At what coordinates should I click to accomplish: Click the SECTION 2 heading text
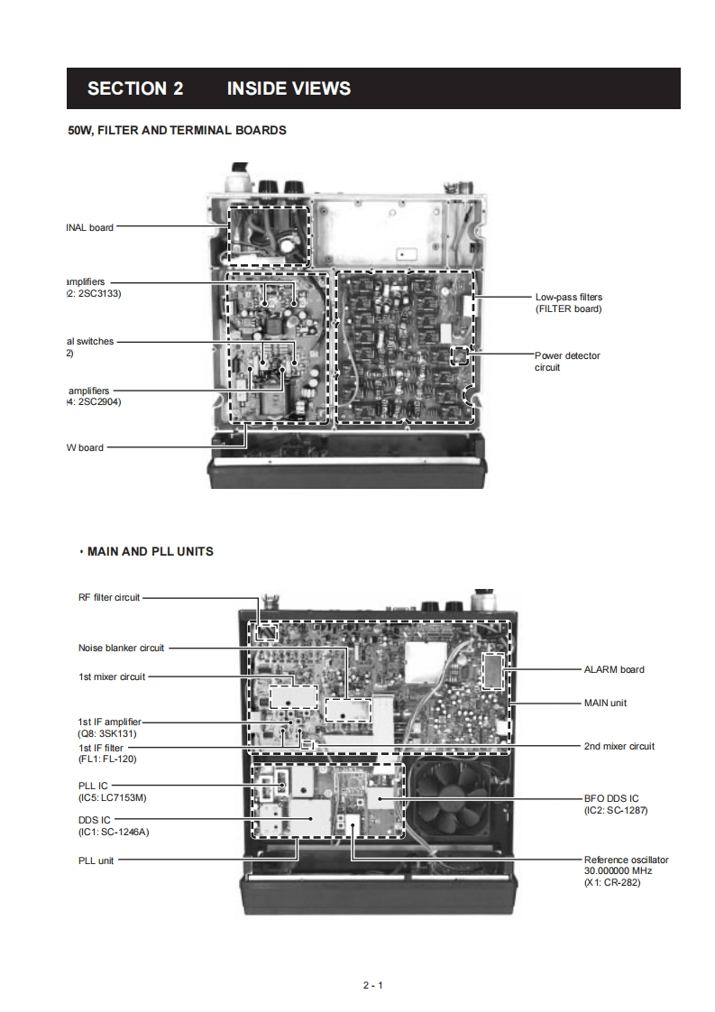(x=134, y=88)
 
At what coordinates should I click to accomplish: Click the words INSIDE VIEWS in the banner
(x=289, y=88)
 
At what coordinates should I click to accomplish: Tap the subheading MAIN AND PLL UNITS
(x=150, y=551)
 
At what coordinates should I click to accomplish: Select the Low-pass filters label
(x=568, y=297)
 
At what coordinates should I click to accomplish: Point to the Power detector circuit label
(x=567, y=355)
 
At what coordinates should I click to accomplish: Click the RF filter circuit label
(x=108, y=597)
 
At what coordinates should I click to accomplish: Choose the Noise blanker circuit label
(x=121, y=648)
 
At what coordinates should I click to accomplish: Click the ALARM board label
(x=614, y=669)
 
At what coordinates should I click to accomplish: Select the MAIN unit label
(x=605, y=703)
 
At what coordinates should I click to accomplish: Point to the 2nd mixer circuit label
(x=619, y=746)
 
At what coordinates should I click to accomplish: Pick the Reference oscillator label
(x=626, y=860)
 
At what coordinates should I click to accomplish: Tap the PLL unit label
(x=96, y=860)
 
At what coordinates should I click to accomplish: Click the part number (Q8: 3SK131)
(x=107, y=733)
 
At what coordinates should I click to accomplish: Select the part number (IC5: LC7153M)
(x=113, y=798)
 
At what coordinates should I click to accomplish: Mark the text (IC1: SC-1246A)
(x=114, y=832)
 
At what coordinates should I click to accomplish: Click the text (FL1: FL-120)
(x=107, y=759)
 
